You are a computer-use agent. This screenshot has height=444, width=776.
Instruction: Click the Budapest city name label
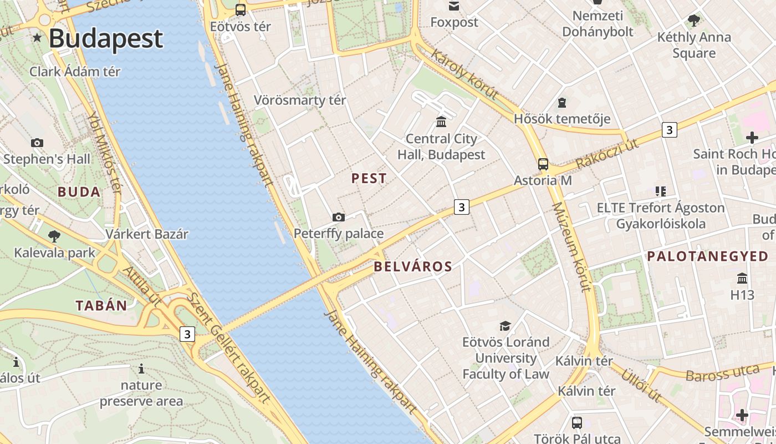pos(105,38)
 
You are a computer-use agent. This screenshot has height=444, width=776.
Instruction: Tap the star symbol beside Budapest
pos(37,38)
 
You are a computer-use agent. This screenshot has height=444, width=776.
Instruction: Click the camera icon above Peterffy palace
pos(338,217)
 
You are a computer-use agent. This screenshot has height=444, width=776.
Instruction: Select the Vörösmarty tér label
pos(300,100)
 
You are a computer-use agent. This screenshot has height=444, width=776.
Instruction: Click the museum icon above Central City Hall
pos(441,122)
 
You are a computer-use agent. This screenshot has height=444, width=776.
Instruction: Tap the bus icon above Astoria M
pos(543,164)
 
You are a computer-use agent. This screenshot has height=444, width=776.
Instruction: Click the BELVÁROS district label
pos(413,267)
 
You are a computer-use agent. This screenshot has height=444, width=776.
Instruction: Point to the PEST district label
pos(369,179)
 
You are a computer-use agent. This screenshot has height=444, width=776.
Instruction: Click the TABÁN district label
pos(101,305)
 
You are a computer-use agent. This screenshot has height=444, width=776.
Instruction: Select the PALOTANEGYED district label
pos(708,256)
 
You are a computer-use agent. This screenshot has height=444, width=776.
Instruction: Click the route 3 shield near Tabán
pos(187,334)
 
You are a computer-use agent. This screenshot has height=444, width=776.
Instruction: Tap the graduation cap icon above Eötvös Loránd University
pos(505,326)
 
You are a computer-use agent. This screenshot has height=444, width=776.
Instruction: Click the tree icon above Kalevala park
pos(54,236)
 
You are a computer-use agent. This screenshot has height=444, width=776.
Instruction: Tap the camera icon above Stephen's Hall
pos(37,143)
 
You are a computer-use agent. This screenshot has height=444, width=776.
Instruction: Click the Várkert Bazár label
pos(147,234)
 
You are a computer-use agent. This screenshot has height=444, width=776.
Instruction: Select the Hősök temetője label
pos(562,119)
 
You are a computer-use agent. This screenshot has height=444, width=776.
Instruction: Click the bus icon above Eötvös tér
pos(240,9)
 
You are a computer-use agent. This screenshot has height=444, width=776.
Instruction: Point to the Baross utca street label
pos(722,374)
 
